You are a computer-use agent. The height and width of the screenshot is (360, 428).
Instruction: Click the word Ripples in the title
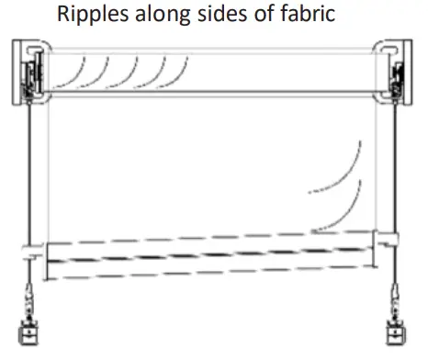pyautogui.click(x=89, y=16)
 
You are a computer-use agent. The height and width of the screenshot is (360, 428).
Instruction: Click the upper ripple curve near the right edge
pyautogui.click(x=346, y=165)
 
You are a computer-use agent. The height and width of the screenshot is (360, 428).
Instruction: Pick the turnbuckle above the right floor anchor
pyautogui.click(x=396, y=298)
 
